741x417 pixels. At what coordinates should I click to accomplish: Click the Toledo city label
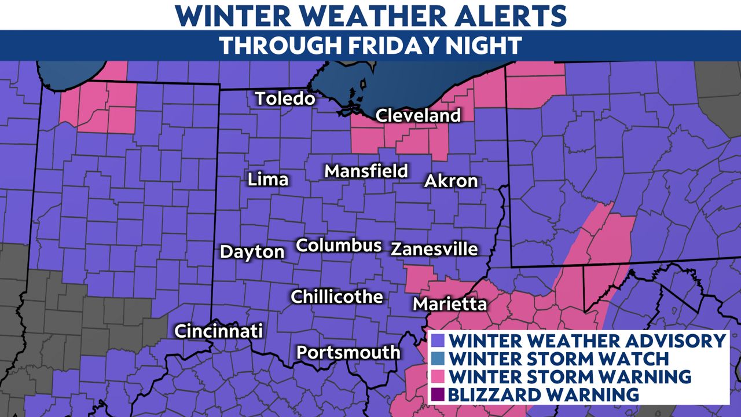click(x=285, y=98)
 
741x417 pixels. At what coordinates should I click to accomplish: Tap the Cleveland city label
click(x=418, y=115)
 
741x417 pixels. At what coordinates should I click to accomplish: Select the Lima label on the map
click(x=267, y=180)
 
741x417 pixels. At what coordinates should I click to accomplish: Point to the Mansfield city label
click(x=366, y=171)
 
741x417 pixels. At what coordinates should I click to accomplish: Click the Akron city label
click(x=451, y=181)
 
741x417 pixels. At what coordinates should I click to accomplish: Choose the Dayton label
click(x=252, y=252)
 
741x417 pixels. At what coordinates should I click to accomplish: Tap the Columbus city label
click(x=339, y=245)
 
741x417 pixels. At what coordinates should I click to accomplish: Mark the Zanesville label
click(x=434, y=249)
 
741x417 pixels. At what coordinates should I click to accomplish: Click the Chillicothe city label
click(x=336, y=297)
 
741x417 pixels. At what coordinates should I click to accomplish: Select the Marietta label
click(x=449, y=304)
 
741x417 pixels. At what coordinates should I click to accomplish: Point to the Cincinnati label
click(x=219, y=331)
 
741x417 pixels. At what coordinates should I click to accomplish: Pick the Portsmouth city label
click(x=348, y=352)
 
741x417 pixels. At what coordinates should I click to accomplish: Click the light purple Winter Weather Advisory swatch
click(x=439, y=341)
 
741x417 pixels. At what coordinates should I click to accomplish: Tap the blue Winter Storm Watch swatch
click(x=439, y=359)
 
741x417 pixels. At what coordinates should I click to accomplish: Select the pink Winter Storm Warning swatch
click(x=439, y=376)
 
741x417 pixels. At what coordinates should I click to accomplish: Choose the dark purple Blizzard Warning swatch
click(x=439, y=394)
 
